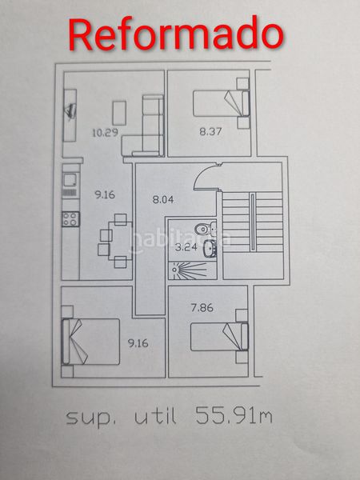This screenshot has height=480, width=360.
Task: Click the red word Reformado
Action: tap(176, 34)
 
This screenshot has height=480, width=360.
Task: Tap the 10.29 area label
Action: tap(106, 133)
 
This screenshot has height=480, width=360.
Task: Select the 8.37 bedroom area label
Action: tap(210, 132)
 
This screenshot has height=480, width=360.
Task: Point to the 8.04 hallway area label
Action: tap(163, 199)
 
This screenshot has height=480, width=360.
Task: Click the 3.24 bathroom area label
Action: tap(186, 247)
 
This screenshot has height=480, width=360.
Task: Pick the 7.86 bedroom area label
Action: tap(202, 308)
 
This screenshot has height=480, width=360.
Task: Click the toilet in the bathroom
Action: tap(206, 228)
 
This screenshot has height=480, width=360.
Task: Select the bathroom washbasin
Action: tap(210, 248)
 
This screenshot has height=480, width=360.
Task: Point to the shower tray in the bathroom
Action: tap(193, 270)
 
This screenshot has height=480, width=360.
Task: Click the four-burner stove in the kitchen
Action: tap(70, 219)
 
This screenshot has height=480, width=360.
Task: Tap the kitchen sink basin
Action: tap(70, 180)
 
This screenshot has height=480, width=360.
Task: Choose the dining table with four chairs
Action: tap(115, 241)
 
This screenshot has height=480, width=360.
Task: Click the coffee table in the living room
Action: tap(119, 113)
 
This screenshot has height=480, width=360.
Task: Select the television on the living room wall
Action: tap(70, 111)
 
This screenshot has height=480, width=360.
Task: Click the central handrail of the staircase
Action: tap(253, 222)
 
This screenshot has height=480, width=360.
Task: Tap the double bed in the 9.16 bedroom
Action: tap(90, 342)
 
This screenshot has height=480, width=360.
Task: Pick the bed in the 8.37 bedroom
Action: tap(221, 103)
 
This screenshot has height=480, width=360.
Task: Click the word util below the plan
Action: tap(155, 416)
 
